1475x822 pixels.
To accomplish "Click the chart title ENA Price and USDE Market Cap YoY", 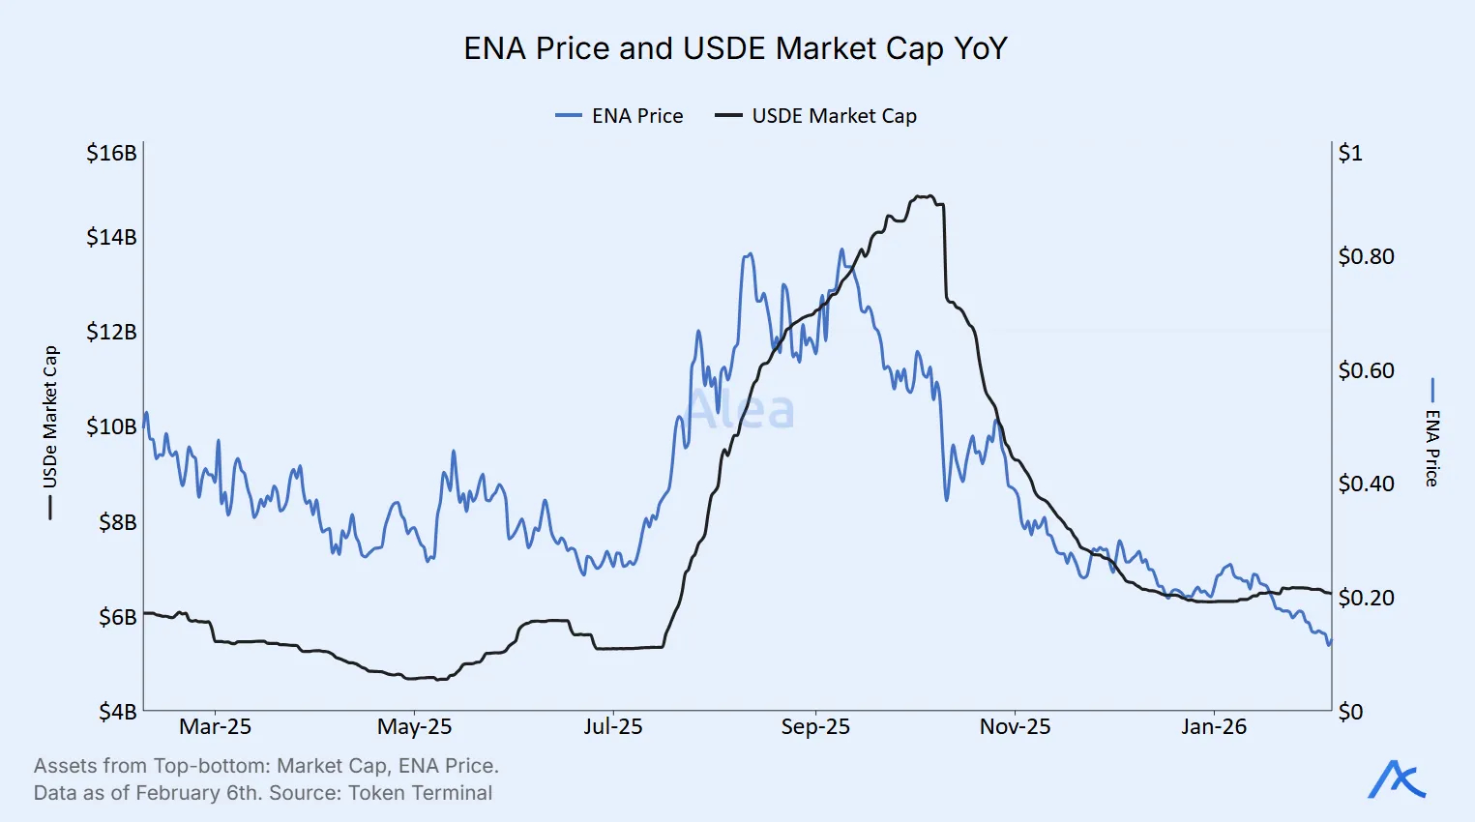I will pos(735,48).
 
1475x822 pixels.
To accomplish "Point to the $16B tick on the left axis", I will pos(111,153).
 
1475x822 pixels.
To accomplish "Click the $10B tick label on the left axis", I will pos(111,426).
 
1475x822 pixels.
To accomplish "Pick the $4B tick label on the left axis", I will pos(118,712).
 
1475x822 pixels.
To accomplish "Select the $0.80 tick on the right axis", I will pos(1366,256).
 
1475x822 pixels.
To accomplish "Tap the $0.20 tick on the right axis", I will pos(1366,598).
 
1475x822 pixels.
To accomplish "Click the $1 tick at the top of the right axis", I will pos(1350,153).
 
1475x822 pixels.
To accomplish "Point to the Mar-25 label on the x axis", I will pos(215,727).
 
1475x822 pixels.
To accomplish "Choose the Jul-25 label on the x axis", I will pos(612,727).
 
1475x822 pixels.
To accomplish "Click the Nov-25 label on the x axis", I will pos(1015,727).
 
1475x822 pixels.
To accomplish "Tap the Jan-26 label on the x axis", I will pos(1214,727).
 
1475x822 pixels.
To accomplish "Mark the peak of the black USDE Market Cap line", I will pos(925,196).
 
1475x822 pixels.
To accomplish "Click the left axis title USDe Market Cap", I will pos(50,418).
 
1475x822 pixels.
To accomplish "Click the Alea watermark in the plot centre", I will pos(741,410).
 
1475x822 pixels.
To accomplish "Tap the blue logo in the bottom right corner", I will pos(1397,779).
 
